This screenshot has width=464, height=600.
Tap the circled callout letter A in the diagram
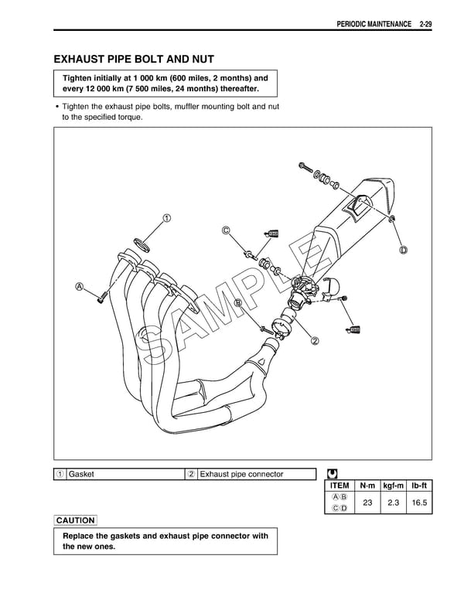click(x=80, y=287)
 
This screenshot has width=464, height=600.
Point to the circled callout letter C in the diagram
click(x=226, y=230)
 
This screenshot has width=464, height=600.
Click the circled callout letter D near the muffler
click(x=404, y=251)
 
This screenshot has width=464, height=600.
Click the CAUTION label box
click(x=76, y=520)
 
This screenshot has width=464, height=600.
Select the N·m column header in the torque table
click(x=367, y=486)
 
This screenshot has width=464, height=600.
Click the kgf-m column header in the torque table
click(x=395, y=486)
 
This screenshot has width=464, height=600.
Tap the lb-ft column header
click(x=421, y=486)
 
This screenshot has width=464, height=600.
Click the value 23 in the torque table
click(x=367, y=503)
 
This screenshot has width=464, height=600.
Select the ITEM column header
click(x=340, y=486)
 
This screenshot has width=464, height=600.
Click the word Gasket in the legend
click(x=81, y=474)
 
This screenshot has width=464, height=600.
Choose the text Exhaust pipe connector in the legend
click(x=241, y=474)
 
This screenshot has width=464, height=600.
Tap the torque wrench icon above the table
click(x=332, y=473)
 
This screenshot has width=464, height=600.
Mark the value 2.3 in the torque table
click(x=395, y=503)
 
